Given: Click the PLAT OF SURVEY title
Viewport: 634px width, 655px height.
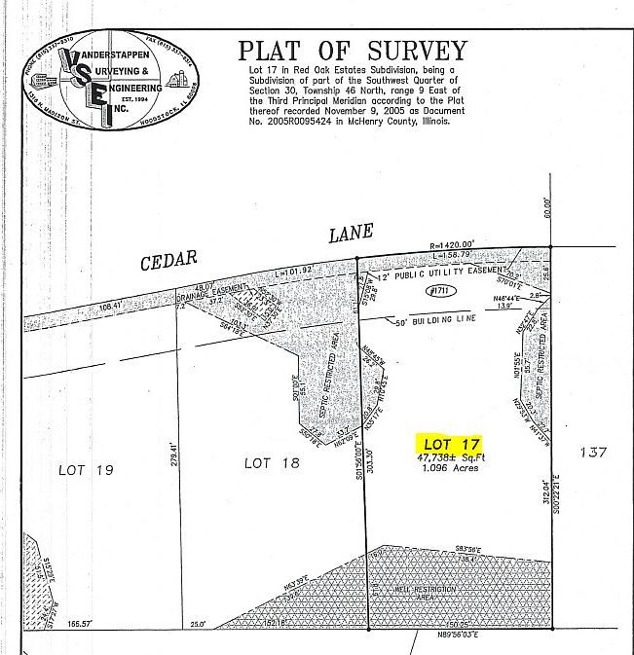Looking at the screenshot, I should [353, 52].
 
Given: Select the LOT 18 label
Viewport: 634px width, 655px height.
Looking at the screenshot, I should [271, 464].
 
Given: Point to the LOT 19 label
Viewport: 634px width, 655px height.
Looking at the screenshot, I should [86, 470].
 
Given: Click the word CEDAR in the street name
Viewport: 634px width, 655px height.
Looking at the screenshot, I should [168, 259].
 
